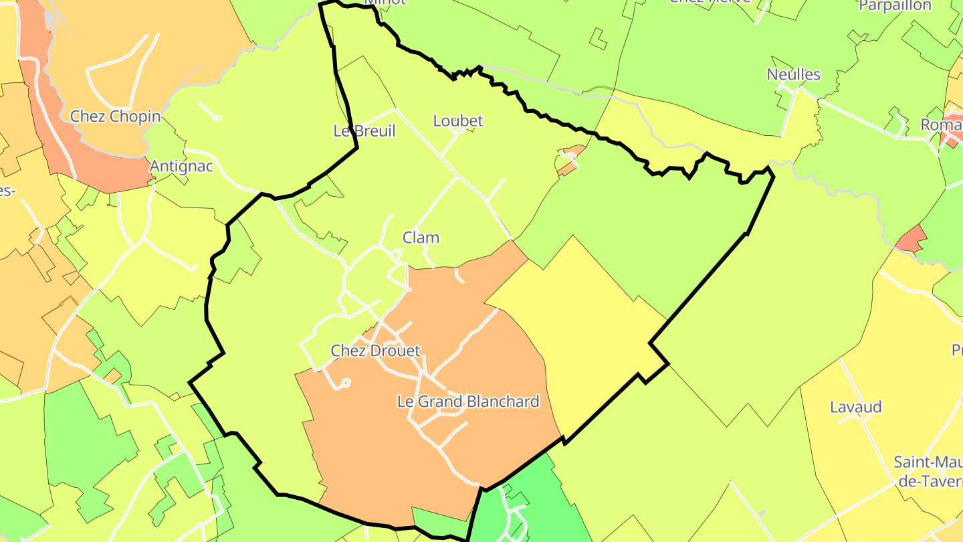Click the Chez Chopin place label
pyautogui.click(x=116, y=116)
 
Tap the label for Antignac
pyautogui.click(x=181, y=166)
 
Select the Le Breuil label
pyautogui.click(x=364, y=131)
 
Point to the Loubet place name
pyautogui.click(x=458, y=121)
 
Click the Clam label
pyautogui.click(x=421, y=238)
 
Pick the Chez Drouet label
pyautogui.click(x=376, y=351)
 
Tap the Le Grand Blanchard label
pyautogui.click(x=468, y=401)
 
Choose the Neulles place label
pyautogui.click(x=794, y=74)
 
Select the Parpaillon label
pyautogui.click(x=895, y=5)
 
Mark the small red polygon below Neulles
pyautogui.click(x=911, y=240)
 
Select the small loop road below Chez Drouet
pyautogui.click(x=344, y=383)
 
